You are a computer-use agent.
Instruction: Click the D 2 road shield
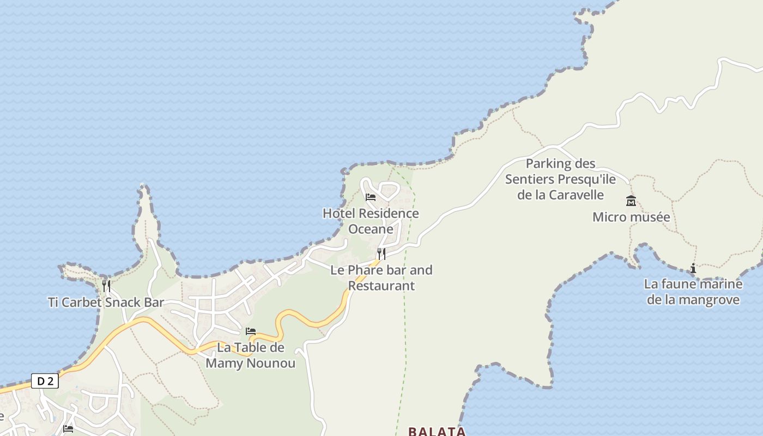point(45,381)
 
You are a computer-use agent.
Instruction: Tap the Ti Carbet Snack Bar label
point(106,302)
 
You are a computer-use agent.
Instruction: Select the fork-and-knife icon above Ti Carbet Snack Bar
point(106,286)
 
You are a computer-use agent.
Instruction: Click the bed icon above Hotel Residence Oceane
point(371,197)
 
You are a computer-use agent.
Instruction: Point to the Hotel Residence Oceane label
point(371,221)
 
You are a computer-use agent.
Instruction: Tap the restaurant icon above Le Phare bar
point(381,253)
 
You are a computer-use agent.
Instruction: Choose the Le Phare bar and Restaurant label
point(381,277)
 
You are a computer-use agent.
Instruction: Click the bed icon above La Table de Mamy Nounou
point(251,331)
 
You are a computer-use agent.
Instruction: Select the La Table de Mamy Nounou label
point(251,355)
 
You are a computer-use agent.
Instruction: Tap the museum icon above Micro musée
point(631,201)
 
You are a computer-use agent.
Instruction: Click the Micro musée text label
point(631,217)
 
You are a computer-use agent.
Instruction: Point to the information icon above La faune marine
point(693,268)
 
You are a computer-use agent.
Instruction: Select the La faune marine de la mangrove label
point(693,292)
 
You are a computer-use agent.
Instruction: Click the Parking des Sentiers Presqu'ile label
point(560,179)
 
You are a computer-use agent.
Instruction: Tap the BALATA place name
point(437,431)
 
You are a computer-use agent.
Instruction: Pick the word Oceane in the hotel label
point(371,229)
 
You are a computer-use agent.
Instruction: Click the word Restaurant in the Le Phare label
point(381,286)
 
